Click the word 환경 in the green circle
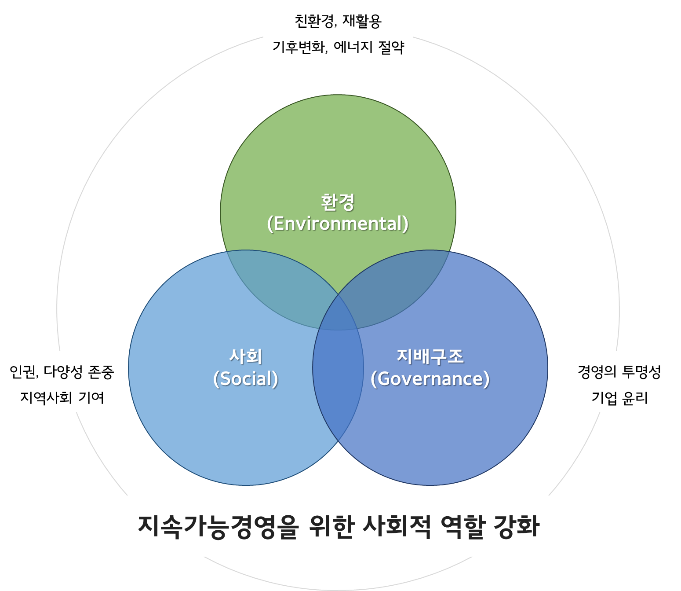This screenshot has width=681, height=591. pyautogui.click(x=338, y=202)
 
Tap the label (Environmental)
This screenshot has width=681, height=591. pyautogui.click(x=338, y=224)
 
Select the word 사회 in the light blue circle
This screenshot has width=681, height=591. pyautogui.click(x=246, y=356)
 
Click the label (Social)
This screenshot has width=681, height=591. pyautogui.click(x=246, y=379)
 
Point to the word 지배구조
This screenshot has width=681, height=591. pyautogui.click(x=430, y=356)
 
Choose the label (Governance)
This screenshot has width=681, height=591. pyautogui.click(x=430, y=379)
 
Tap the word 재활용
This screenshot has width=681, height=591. pyautogui.click(x=362, y=21)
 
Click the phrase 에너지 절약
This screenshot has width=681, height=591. pyautogui.click(x=368, y=47)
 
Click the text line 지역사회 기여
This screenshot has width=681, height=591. pyautogui.click(x=62, y=398)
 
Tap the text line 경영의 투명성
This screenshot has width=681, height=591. pyautogui.click(x=619, y=372)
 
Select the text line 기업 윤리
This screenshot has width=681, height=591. pyautogui.click(x=619, y=398)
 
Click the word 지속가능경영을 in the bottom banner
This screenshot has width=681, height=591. pyautogui.click(x=218, y=526)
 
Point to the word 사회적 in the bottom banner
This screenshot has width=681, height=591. pyautogui.click(x=397, y=526)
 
